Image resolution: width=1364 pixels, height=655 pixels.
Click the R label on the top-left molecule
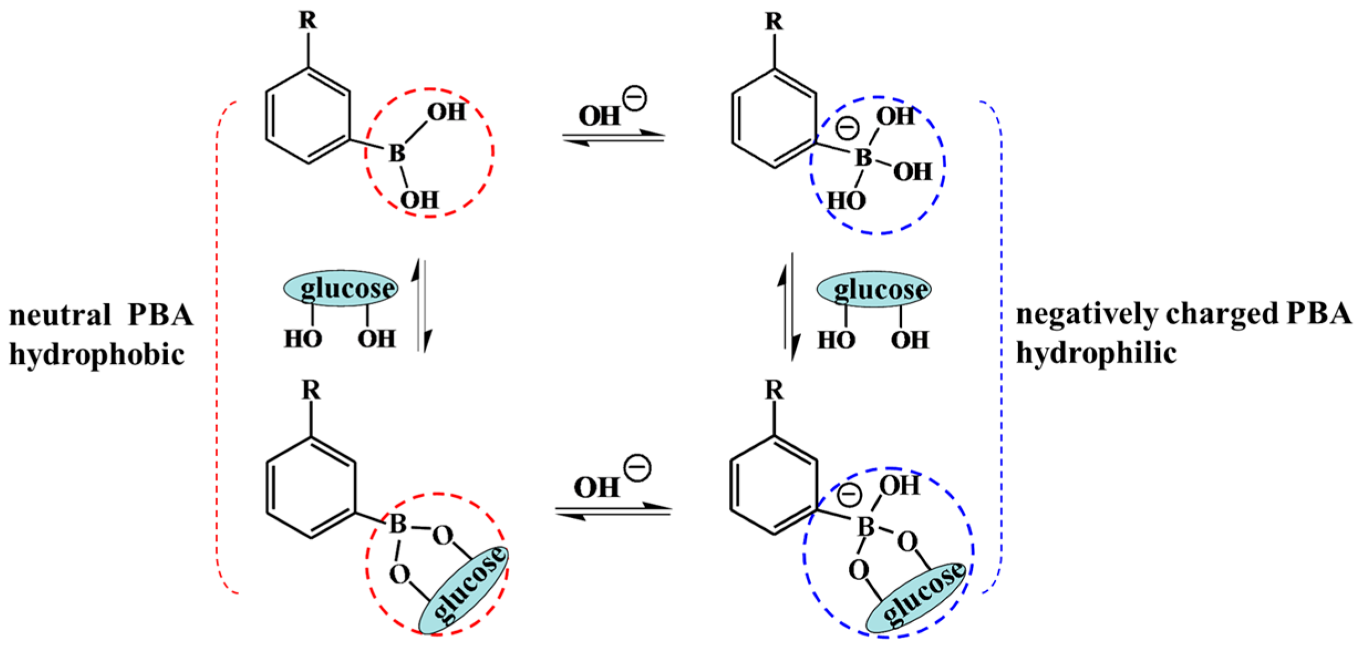point(308,20)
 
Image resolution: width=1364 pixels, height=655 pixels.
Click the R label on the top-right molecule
point(774,22)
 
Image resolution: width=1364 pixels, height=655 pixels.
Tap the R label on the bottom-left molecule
point(311,391)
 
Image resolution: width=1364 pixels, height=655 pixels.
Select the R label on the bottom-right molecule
point(774,391)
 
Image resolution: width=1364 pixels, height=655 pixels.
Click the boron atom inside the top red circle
point(396,153)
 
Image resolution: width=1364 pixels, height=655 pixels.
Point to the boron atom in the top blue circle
point(863,158)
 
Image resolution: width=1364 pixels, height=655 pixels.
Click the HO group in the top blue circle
point(846,201)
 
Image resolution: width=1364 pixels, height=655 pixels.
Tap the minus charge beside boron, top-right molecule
point(847,128)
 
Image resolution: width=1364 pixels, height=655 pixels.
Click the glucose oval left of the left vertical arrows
point(341,288)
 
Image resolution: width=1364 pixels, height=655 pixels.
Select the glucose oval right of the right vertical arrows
point(874,289)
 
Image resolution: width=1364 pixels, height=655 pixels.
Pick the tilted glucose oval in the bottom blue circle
point(916,597)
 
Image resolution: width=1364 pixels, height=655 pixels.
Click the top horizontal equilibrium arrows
point(613,138)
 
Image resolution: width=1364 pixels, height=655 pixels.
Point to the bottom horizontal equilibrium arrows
point(613,511)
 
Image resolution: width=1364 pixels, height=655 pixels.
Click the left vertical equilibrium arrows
point(422,306)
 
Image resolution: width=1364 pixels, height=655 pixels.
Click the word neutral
point(60,316)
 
